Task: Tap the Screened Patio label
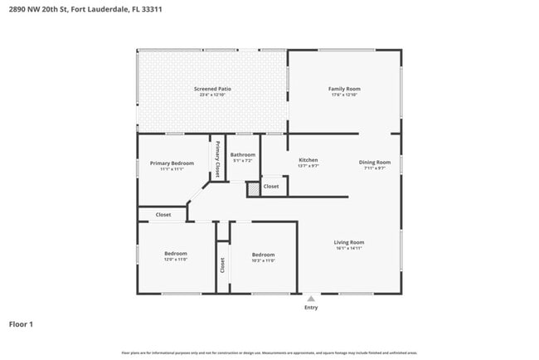pyautogui.click(x=212, y=88)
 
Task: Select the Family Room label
pyautogui.click(x=344, y=88)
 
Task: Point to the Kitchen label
pyautogui.click(x=308, y=160)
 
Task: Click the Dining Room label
pyautogui.click(x=375, y=162)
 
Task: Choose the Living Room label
pyautogui.click(x=350, y=242)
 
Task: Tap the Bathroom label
pyautogui.click(x=243, y=155)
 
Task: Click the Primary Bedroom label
pyautogui.click(x=172, y=163)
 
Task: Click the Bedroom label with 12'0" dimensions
pyautogui.click(x=175, y=253)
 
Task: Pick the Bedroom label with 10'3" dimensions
pyautogui.click(x=263, y=255)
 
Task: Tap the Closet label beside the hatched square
pyautogui.click(x=271, y=187)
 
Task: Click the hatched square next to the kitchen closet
pyautogui.click(x=253, y=189)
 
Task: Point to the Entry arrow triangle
pyautogui.click(x=310, y=298)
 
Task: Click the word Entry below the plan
pyautogui.click(x=311, y=307)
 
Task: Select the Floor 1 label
pyautogui.click(x=21, y=324)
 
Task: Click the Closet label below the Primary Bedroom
pyautogui.click(x=163, y=214)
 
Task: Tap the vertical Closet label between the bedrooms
pyautogui.click(x=222, y=265)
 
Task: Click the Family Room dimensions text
pyautogui.click(x=344, y=95)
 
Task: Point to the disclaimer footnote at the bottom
pyautogui.click(x=269, y=353)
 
